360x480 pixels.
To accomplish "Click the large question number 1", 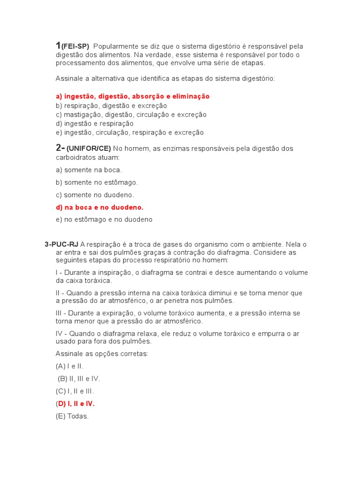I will point(58,45).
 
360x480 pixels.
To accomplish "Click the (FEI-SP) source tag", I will point(75,46).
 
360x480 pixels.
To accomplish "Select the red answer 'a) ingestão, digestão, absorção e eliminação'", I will point(133,97).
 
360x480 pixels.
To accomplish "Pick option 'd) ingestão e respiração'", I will point(94,124).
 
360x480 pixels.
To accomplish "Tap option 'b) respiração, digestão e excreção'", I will point(111,105).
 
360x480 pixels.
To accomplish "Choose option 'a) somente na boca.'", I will point(89,170).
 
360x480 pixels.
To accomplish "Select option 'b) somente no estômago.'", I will point(97,182).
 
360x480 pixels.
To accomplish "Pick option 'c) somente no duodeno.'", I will point(95,195).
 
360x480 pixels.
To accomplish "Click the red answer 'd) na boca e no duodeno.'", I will point(99,207).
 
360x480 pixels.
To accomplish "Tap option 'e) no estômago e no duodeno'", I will point(104,219).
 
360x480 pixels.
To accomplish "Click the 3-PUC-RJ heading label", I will point(61,244).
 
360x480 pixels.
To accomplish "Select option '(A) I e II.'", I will point(69,366).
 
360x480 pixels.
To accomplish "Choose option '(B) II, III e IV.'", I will point(79,379).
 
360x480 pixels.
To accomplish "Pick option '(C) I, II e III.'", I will point(75,391).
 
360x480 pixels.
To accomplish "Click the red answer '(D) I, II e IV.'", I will point(75,404).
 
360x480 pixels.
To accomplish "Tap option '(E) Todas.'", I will point(72,416).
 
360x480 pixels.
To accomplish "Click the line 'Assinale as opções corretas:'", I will point(102,354).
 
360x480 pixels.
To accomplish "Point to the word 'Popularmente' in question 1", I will point(115,46).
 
